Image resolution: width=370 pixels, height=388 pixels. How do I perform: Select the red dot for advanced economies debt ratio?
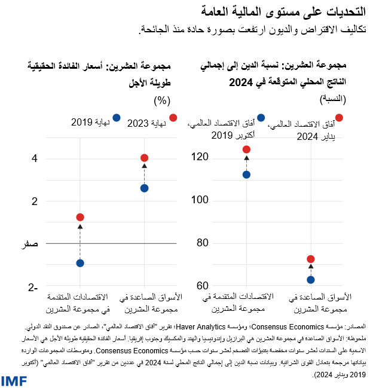[246, 149]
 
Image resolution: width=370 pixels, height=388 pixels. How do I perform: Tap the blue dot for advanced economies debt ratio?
[246, 175]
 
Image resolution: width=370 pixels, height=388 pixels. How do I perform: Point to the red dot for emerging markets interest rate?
[144, 158]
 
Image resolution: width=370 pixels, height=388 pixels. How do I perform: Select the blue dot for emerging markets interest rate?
[144, 188]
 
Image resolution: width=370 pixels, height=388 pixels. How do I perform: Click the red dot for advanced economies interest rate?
[80, 217]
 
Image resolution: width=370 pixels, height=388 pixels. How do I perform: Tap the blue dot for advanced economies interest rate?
[80, 263]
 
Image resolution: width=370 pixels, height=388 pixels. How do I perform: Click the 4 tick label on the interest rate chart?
[35, 158]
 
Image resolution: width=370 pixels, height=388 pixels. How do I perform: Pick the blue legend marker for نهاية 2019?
[116, 118]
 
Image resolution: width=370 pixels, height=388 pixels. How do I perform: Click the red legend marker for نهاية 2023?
[173, 118]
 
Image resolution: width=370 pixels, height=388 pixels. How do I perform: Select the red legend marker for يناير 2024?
[339, 118]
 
